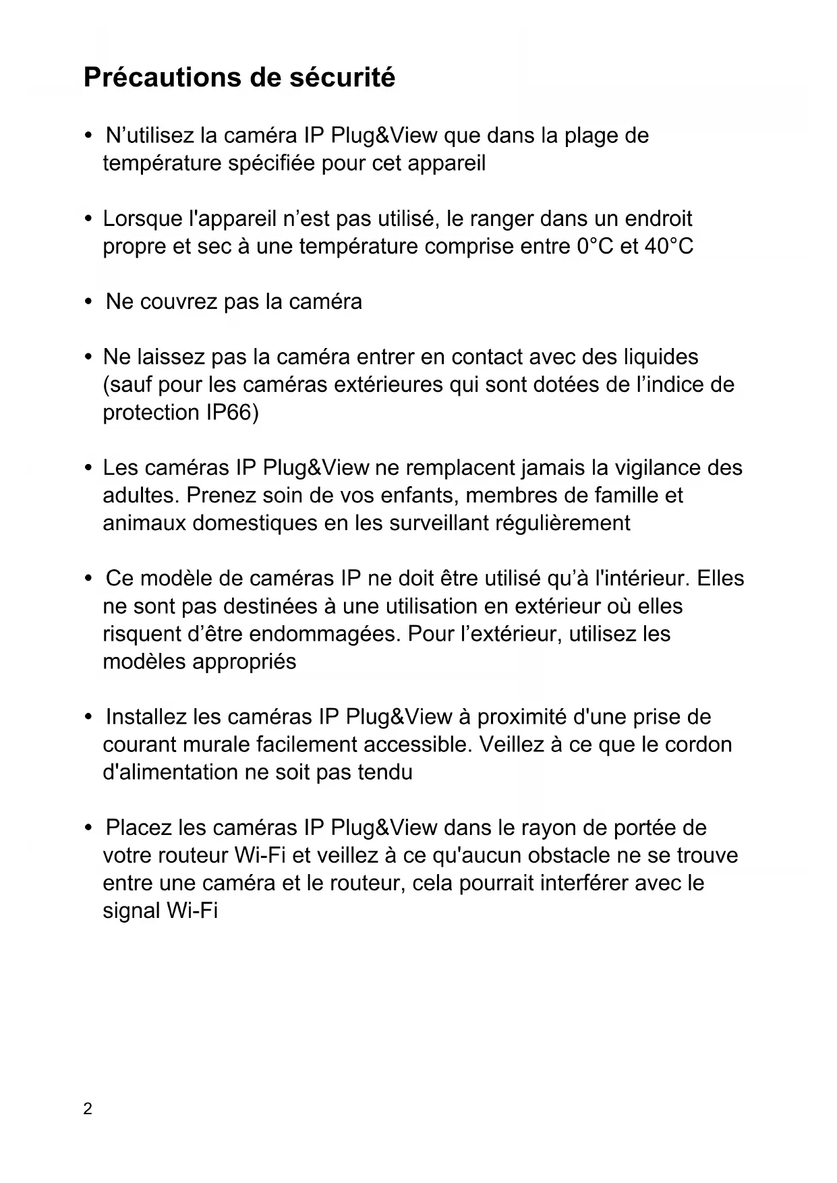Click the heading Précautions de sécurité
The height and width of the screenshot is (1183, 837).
point(239,78)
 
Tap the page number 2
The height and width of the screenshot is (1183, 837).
point(88,1109)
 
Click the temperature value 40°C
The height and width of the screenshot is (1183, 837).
point(668,247)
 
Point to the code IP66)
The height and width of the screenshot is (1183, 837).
point(231,413)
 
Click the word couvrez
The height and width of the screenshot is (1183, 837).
point(179,302)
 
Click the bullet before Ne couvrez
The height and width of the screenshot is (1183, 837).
point(88,301)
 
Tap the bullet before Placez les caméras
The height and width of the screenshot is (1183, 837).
point(88,828)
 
